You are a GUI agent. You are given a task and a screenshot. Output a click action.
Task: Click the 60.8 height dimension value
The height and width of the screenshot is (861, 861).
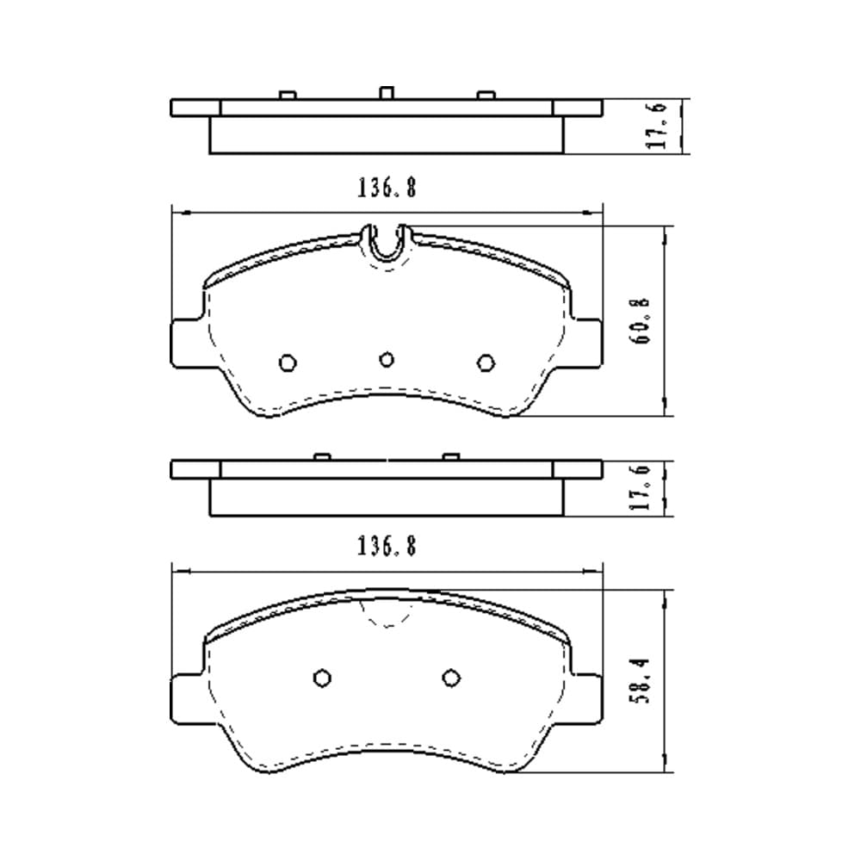pyautogui.click(x=641, y=320)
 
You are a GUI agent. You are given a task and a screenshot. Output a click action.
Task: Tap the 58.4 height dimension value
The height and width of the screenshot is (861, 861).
pyautogui.click(x=641, y=681)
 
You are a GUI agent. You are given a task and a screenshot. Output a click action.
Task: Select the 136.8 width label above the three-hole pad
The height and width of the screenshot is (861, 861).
pyautogui.click(x=387, y=188)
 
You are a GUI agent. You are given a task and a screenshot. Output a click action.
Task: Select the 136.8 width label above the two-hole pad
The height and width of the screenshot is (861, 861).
pyautogui.click(x=387, y=547)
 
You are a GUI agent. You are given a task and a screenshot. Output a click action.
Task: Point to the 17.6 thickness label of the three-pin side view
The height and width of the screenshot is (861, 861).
pyautogui.click(x=657, y=125)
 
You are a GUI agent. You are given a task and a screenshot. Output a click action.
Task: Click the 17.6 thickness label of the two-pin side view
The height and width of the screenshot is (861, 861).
pyautogui.click(x=641, y=487)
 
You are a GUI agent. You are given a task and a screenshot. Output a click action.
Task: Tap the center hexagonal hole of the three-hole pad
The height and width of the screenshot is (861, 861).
pyautogui.click(x=387, y=360)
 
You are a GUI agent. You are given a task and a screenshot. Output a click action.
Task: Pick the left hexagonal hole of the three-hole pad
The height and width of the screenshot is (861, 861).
pyautogui.click(x=288, y=363)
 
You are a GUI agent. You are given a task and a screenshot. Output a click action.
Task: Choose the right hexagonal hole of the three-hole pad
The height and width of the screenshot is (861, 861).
pyautogui.click(x=486, y=363)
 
